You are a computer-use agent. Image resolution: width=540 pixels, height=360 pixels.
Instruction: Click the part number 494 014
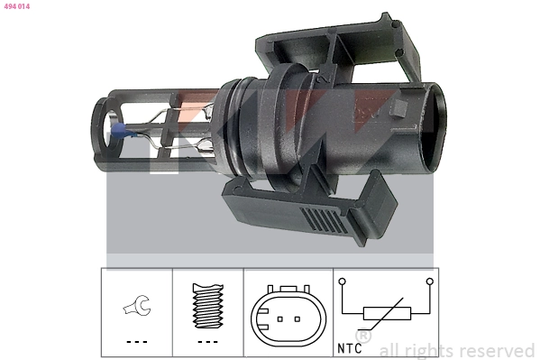pos(16,6)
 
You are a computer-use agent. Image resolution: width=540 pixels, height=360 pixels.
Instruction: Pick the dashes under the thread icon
pos(209,343)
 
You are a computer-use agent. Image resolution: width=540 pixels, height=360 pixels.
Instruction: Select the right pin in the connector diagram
pos(297,320)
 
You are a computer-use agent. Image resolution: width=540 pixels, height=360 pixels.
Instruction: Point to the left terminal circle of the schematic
pos(343,282)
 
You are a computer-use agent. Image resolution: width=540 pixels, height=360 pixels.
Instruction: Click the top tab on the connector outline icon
pos(288,289)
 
